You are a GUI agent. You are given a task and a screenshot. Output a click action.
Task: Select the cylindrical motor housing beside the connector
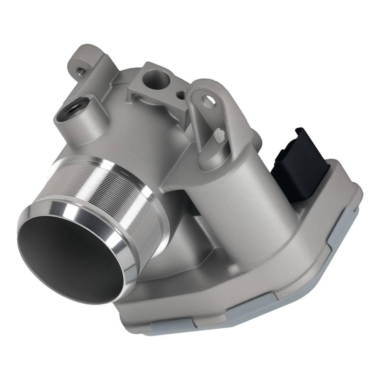236,198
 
